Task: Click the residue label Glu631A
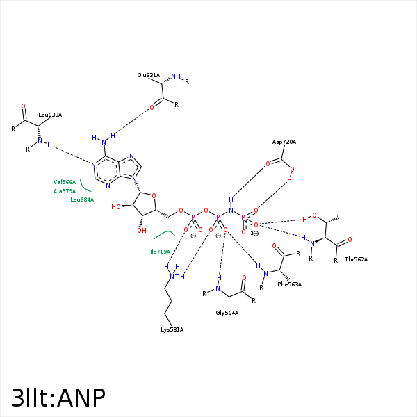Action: pos(149,75)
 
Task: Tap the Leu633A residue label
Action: pos(50,115)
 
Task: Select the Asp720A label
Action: pos(284,142)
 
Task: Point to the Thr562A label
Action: pos(356,259)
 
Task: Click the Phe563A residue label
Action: pos(289,284)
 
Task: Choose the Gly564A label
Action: pos(227,313)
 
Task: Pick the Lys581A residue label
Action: pos(172,329)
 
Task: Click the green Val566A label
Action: pos(65,182)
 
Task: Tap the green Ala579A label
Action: pos(65,191)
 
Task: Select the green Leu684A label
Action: pos(82,199)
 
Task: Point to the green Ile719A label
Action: pos(160,252)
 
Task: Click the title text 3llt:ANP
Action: pos(58,398)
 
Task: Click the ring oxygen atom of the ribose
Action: pos(154,195)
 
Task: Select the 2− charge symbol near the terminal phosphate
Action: pos(254,234)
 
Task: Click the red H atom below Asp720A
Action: pos(289,179)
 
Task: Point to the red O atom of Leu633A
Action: pos(23,106)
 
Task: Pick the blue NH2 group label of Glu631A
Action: pos(177,76)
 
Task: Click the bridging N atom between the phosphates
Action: pos(231,210)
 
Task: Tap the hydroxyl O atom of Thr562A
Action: pos(314,215)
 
